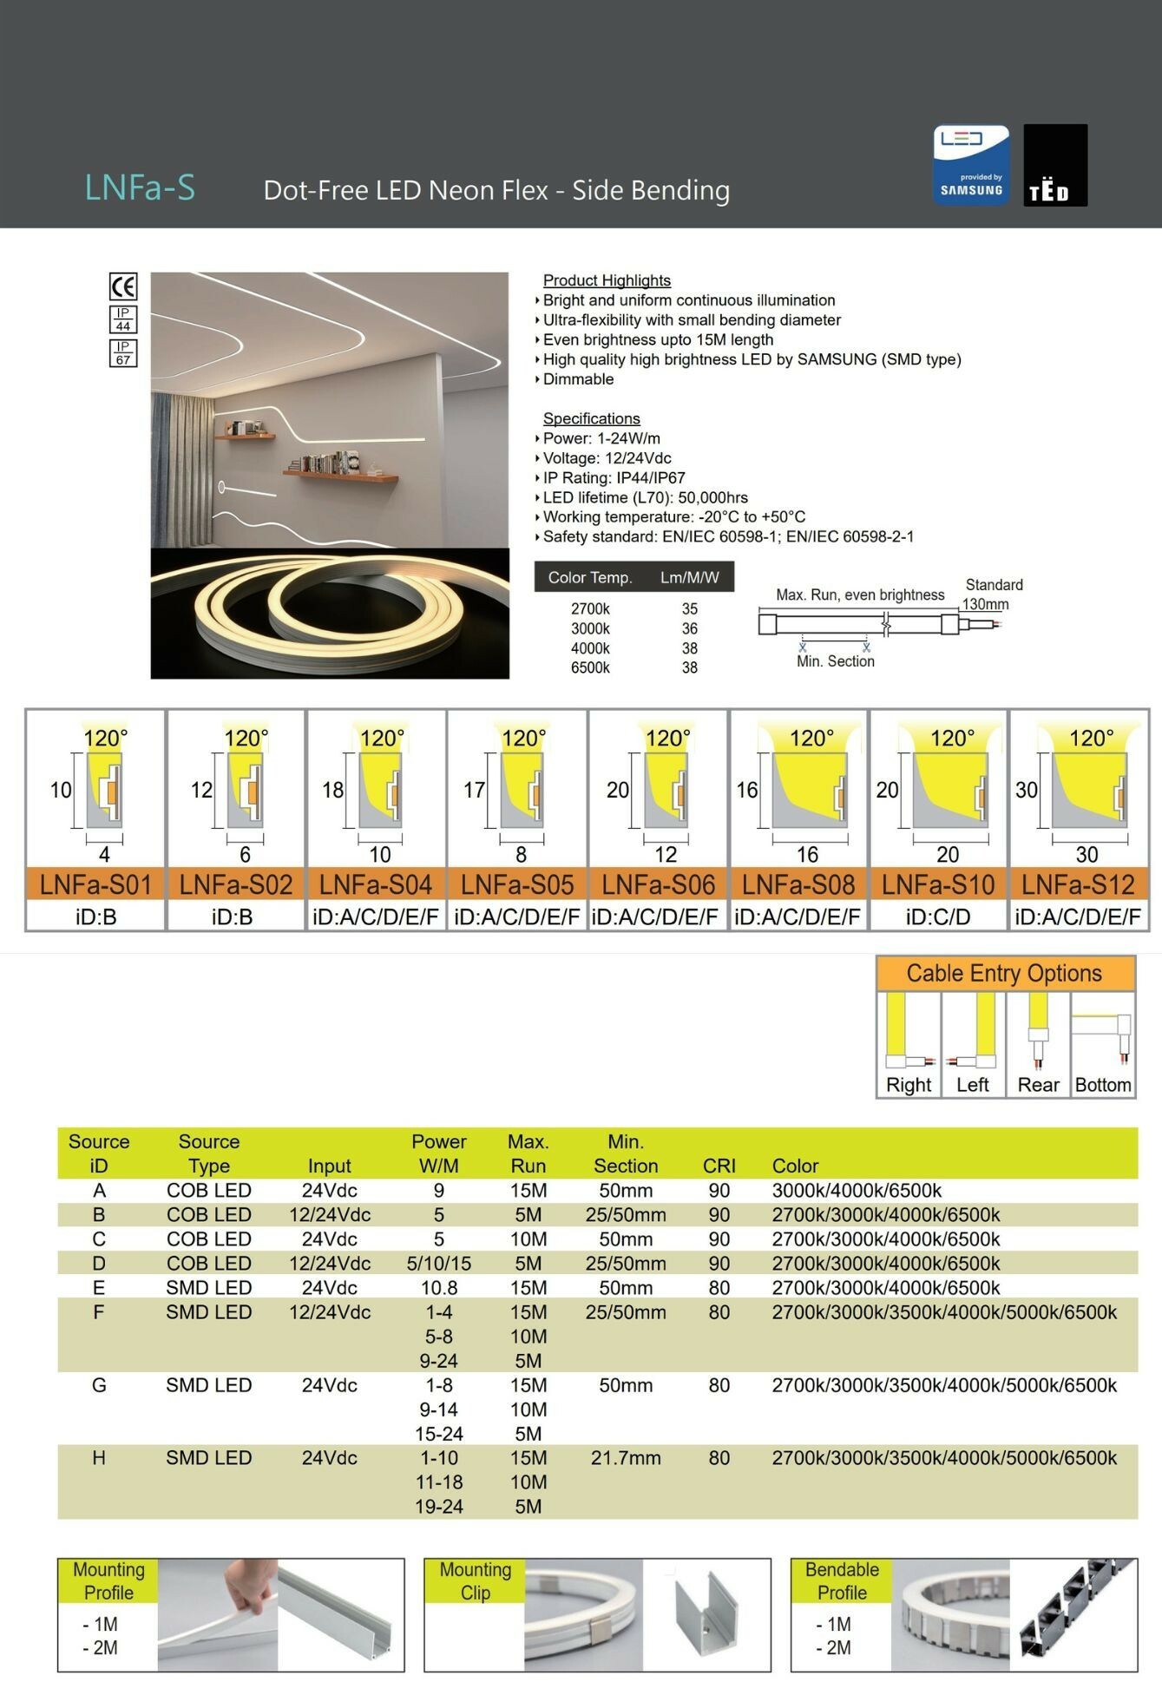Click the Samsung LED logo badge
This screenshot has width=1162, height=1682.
pyautogui.click(x=971, y=165)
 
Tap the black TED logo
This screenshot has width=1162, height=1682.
pyautogui.click(x=1055, y=165)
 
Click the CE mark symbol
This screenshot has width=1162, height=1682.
pyautogui.click(x=123, y=286)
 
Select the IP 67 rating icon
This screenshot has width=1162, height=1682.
pyautogui.click(x=123, y=352)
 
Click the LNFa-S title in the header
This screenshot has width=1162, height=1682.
pyautogui.click(x=140, y=187)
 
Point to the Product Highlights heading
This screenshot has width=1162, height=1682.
pyautogui.click(x=607, y=280)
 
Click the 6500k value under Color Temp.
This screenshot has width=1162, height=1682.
pyautogui.click(x=590, y=667)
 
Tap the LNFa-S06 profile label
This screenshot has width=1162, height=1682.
pyautogui.click(x=658, y=884)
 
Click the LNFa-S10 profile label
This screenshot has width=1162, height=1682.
pyautogui.click(x=938, y=884)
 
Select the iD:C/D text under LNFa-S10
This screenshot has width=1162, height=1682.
pyautogui.click(x=938, y=917)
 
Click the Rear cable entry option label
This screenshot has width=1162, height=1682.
pyautogui.click(x=1038, y=1085)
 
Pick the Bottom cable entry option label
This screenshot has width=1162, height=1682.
pyautogui.click(x=1103, y=1085)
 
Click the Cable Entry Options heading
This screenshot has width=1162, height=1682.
pyautogui.click(x=1004, y=973)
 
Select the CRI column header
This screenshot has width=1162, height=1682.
pyautogui.click(x=719, y=1166)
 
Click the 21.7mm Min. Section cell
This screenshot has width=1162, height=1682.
pyautogui.click(x=626, y=1458)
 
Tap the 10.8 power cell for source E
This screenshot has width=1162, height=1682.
pyautogui.click(x=438, y=1288)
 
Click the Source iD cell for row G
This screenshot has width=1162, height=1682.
pyautogui.click(x=99, y=1385)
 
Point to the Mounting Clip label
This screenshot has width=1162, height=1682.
pyautogui.click(x=476, y=1580)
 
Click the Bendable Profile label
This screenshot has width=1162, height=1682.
pyautogui.click(x=842, y=1580)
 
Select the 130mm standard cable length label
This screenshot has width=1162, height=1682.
pyautogui.click(x=985, y=604)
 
